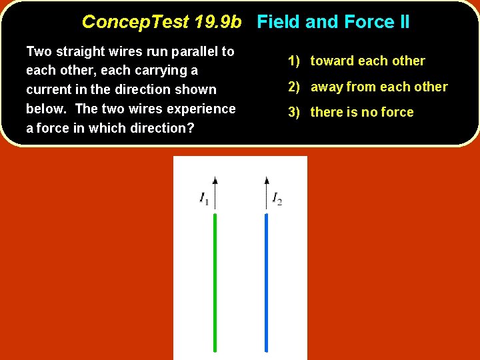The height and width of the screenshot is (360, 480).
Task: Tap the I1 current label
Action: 204,198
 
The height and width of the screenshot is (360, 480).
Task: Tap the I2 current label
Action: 277,198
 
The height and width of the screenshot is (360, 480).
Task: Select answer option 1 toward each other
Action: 357,61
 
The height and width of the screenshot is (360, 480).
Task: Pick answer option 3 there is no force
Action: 351,112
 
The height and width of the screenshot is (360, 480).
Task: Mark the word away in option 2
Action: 326,87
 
